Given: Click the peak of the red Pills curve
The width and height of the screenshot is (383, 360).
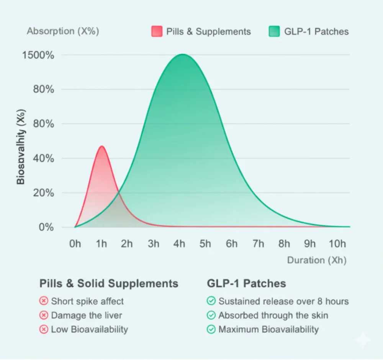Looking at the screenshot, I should click(x=101, y=146).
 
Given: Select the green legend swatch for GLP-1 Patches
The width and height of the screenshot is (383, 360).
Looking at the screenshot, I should click(x=274, y=31).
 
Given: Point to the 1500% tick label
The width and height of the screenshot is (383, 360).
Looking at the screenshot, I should click(x=38, y=55).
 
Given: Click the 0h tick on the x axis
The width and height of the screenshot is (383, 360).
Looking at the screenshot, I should click(x=75, y=244).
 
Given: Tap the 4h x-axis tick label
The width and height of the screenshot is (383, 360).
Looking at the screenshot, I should click(x=180, y=244).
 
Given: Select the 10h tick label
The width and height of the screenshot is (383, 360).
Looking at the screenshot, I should click(x=337, y=244).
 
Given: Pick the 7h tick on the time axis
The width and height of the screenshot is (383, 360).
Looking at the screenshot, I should click(x=258, y=244).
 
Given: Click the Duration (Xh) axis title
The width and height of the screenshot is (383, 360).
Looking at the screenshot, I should click(x=317, y=260).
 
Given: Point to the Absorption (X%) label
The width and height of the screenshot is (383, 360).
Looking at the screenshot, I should click(x=63, y=31).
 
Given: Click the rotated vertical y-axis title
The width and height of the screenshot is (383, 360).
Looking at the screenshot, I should click(x=21, y=148).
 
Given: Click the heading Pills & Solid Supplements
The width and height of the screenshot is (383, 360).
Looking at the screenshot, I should click(x=109, y=284).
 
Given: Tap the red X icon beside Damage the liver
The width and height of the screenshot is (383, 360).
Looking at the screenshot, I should click(x=44, y=316).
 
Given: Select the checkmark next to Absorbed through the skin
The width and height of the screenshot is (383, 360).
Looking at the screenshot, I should click(x=211, y=316).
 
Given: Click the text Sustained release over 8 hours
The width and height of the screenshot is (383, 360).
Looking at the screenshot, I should click(x=283, y=301).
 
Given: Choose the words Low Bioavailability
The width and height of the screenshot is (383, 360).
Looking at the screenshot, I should click(x=89, y=329).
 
